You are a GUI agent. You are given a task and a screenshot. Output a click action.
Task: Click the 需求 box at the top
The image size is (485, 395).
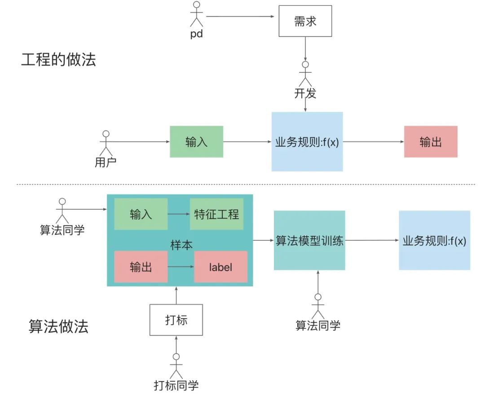tap(305, 21)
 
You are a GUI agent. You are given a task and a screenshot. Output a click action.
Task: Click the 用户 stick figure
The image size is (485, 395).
tap(106, 143)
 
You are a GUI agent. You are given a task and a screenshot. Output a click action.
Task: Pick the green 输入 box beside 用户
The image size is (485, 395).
tap(196, 142)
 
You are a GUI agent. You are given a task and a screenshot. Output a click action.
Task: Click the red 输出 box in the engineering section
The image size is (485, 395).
tap(430, 142)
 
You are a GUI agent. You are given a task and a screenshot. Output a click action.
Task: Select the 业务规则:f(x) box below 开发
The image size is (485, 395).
tap(307, 142)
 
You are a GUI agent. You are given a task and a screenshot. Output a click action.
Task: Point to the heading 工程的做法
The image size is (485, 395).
tap(58, 59)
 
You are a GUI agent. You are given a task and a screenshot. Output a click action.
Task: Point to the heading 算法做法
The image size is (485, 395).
tap(58, 326)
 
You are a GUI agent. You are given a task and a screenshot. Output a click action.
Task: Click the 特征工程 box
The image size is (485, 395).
tap(216, 214)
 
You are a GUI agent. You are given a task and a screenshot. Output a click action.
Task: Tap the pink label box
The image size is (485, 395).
tap(220, 267)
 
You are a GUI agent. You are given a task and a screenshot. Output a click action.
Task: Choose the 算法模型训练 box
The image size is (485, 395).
tap(309, 240)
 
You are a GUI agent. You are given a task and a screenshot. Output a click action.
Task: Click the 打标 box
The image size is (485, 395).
tap(176, 320)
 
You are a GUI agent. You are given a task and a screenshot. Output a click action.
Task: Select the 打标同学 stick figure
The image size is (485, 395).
tap(176, 364)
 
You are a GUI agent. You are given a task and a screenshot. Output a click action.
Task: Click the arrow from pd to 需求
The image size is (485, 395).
tap(240, 17)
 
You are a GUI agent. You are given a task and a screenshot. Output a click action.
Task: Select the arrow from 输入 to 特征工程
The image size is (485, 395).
tap(178, 214)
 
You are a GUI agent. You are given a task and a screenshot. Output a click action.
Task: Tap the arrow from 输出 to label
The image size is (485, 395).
tap(181, 267)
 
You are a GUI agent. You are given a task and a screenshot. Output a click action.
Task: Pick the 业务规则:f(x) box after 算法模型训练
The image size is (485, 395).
tap(434, 240)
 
